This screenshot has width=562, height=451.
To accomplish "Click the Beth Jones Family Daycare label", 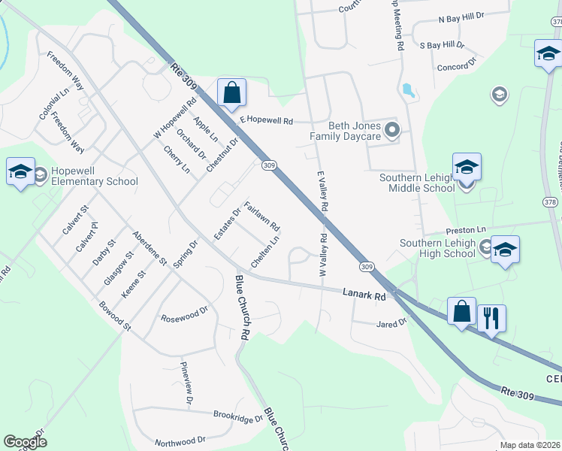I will (x=351, y=132).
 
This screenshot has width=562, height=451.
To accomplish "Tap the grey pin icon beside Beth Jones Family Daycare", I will (x=391, y=132).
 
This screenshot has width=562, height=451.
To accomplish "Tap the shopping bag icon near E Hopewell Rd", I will (x=232, y=93).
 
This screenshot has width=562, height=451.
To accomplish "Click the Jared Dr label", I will (x=391, y=322).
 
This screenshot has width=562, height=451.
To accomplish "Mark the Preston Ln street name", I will (x=465, y=229).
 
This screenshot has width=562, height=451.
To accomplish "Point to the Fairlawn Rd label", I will (x=262, y=216).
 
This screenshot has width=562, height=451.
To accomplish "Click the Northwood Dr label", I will (x=180, y=440).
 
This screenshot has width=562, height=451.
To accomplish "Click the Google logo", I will (x=25, y=441).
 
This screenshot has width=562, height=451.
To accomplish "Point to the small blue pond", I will (x=408, y=91).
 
